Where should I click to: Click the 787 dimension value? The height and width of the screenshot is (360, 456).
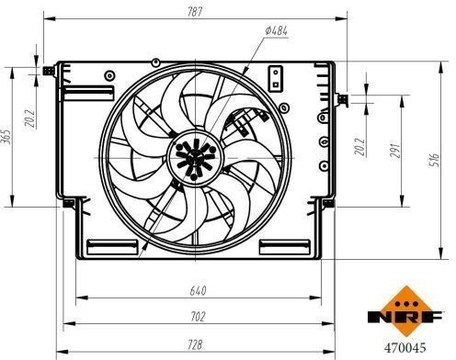[x=195, y=12]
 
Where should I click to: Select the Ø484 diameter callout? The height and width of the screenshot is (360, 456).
[x=276, y=30]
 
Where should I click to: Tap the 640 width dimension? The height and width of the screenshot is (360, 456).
[x=198, y=290]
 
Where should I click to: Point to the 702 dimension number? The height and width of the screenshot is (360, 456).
[x=198, y=317]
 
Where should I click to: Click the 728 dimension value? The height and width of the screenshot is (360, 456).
[x=195, y=344]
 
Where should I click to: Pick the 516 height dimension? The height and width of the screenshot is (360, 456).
[x=434, y=160]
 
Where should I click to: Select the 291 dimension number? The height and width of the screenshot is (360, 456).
[x=395, y=151]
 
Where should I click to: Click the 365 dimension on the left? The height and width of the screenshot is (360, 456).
[x=6, y=137]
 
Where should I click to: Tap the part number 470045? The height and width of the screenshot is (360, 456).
[x=405, y=348]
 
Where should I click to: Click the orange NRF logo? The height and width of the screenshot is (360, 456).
[x=405, y=311]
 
